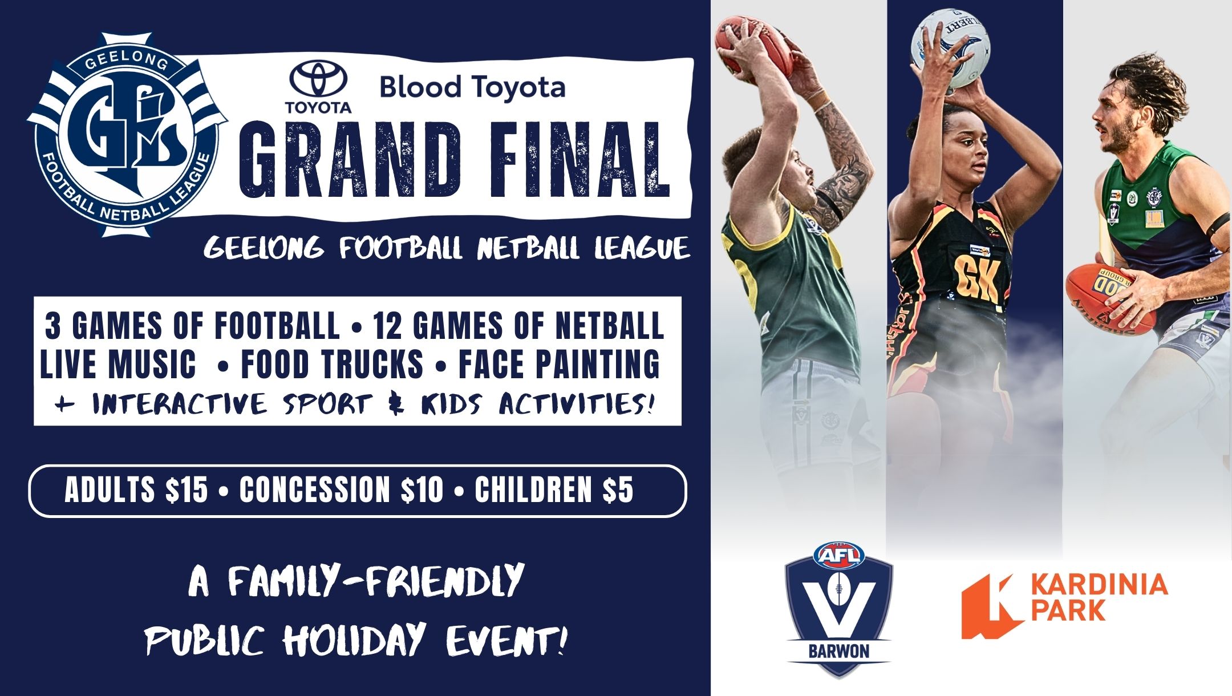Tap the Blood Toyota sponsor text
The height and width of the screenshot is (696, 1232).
[x=473, y=87]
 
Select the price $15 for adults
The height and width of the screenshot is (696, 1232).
[x=187, y=490]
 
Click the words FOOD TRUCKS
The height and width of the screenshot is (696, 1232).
[x=333, y=364]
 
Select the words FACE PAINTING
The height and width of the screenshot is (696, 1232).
[x=560, y=364]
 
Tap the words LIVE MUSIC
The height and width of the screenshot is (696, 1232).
[x=118, y=364]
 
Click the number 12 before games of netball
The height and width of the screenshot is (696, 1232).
[x=390, y=326]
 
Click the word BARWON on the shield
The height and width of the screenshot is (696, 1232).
[x=839, y=652]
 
